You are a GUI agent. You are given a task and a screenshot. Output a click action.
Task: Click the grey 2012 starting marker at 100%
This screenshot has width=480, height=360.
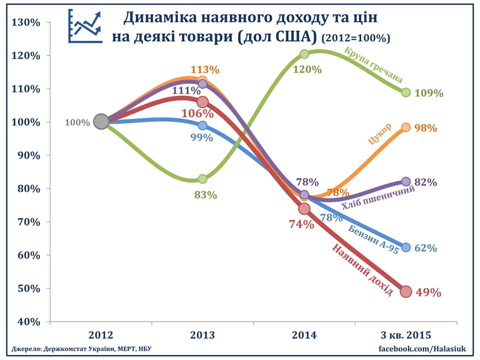pyautogui.click(x=101, y=121)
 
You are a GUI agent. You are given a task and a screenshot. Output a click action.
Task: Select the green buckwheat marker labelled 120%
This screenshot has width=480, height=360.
pyautogui.click(x=304, y=54)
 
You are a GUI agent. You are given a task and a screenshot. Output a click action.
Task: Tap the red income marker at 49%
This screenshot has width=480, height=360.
pyautogui.click(x=406, y=291)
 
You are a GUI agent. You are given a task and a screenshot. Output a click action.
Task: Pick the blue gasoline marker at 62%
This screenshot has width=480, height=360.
pyautogui.click(x=406, y=247)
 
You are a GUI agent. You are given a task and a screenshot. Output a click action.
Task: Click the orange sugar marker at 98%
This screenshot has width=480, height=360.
pyautogui.click(x=406, y=127)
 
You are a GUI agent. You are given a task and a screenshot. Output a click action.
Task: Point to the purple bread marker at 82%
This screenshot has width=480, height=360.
pyautogui.click(x=406, y=181)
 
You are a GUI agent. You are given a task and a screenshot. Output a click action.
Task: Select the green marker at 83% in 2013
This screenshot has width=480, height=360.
pyautogui.click(x=202, y=178)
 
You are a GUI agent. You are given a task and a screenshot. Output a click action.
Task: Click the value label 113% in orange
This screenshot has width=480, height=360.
pyautogui.click(x=205, y=70)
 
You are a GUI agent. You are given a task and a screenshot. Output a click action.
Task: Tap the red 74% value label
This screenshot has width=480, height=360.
pyautogui.click(x=301, y=224)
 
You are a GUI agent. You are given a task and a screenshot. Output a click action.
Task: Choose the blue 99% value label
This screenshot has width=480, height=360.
pyautogui.click(x=201, y=137)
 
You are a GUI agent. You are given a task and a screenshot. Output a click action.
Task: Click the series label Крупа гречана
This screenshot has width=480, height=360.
pyautogui.click(x=373, y=65)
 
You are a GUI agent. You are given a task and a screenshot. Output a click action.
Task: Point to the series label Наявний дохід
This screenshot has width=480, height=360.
pyautogui.click(x=362, y=270)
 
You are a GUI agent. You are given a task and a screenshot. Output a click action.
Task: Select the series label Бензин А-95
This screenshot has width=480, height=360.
pyautogui.click(x=373, y=239)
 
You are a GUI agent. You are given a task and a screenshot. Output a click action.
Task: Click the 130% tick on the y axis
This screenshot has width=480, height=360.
pyautogui.click(x=28, y=22)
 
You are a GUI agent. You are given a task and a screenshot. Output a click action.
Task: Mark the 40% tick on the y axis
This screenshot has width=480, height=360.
pyautogui.click(x=28, y=321)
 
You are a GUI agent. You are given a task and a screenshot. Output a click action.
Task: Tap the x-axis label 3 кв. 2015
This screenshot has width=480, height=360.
pyautogui.click(x=405, y=335)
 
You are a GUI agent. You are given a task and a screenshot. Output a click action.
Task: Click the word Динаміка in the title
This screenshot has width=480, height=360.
pyautogui.click(x=158, y=18)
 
